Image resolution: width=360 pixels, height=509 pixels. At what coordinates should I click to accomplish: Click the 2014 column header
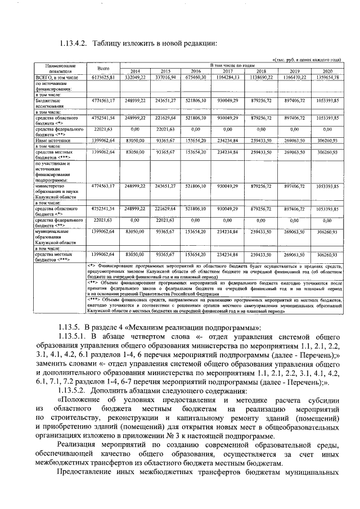(136, 71)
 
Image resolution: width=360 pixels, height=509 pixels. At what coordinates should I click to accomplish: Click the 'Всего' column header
(103, 68)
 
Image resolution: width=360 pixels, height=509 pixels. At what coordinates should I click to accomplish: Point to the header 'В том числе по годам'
(232, 66)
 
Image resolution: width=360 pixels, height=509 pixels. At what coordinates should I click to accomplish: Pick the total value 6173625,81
(103, 77)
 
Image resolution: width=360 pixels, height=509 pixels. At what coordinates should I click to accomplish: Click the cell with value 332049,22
(136, 77)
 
